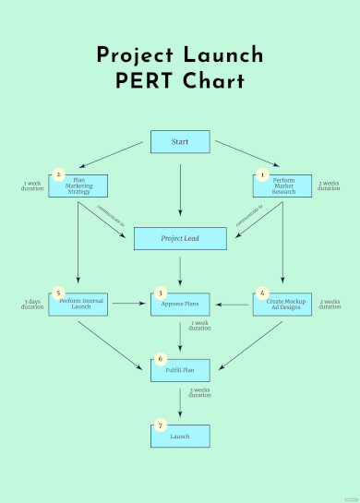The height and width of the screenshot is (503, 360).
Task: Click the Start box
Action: (180, 142)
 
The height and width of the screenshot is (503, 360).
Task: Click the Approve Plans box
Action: (180, 303)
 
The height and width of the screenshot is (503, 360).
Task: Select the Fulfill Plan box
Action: (180, 369)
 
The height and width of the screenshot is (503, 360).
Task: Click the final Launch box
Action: (180, 436)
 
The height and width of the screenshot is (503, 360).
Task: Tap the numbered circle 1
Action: (262, 174)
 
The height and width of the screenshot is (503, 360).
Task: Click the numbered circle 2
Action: (58, 174)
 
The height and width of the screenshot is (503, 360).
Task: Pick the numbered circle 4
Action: (262, 293)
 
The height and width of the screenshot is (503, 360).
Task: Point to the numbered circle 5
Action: (58, 293)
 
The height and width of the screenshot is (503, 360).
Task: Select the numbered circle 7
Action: (161, 425)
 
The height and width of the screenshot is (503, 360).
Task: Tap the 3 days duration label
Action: (32, 304)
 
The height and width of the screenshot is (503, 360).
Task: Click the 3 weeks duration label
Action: (199, 393)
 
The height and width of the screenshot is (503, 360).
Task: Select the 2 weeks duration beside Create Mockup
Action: (329, 304)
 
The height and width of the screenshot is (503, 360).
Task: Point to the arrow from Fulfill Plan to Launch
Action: (180, 402)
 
